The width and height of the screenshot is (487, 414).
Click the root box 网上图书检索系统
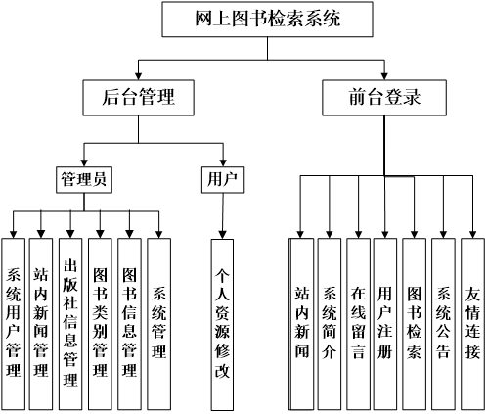[x=267, y=19]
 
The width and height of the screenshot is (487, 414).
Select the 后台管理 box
[x=138, y=98]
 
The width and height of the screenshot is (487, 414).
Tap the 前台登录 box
[x=384, y=98]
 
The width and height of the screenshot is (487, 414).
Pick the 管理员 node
[x=84, y=180]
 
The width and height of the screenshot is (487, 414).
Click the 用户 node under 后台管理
[x=223, y=180]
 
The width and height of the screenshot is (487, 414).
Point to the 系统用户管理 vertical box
[x=13, y=324]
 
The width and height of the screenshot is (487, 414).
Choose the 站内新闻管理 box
[x=41, y=324]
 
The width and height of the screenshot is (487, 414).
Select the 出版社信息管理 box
[x=70, y=324]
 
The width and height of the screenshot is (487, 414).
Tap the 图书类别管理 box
[x=100, y=324]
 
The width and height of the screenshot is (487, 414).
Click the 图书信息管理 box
[x=129, y=324]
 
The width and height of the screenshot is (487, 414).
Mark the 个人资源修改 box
[x=222, y=325]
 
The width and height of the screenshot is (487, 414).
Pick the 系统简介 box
[x=330, y=324]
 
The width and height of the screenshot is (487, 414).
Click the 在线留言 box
[x=358, y=324]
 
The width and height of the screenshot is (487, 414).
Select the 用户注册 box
[x=385, y=324]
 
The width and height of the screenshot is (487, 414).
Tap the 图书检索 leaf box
[x=414, y=324]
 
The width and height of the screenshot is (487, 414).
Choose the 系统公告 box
[x=443, y=324]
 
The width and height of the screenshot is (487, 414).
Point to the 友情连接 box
[x=472, y=324]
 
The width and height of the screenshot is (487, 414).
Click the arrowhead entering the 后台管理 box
[x=139, y=75]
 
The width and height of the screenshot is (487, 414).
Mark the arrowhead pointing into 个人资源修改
[x=222, y=235]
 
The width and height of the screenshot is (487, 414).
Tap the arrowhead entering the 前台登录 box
[x=384, y=75]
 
